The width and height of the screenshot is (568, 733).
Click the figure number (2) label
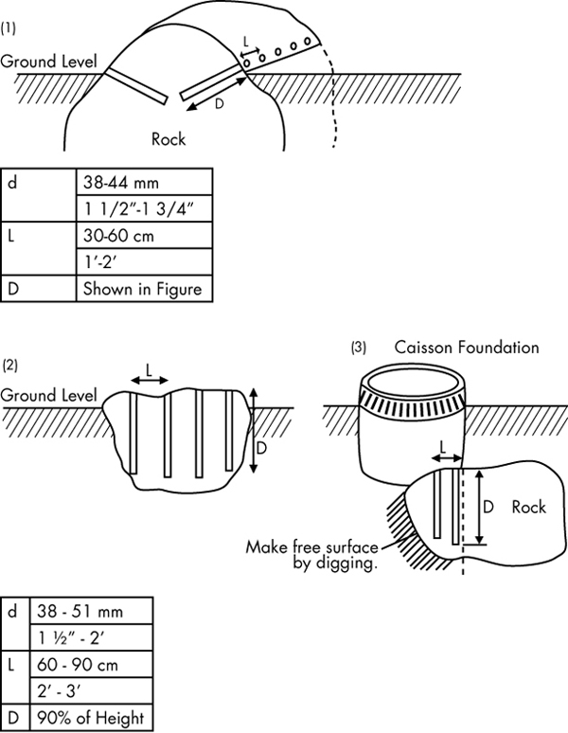pyautogui.click(x=9, y=365)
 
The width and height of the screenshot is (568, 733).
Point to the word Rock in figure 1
pyautogui.click(x=169, y=138)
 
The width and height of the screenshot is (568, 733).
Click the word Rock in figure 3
pyautogui.click(x=528, y=508)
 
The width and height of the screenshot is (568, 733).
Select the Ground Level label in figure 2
pyautogui.click(x=48, y=394)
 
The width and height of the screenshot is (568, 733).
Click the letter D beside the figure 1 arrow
pyautogui.click(x=220, y=104)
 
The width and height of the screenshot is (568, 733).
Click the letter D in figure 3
pyautogui.click(x=488, y=508)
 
